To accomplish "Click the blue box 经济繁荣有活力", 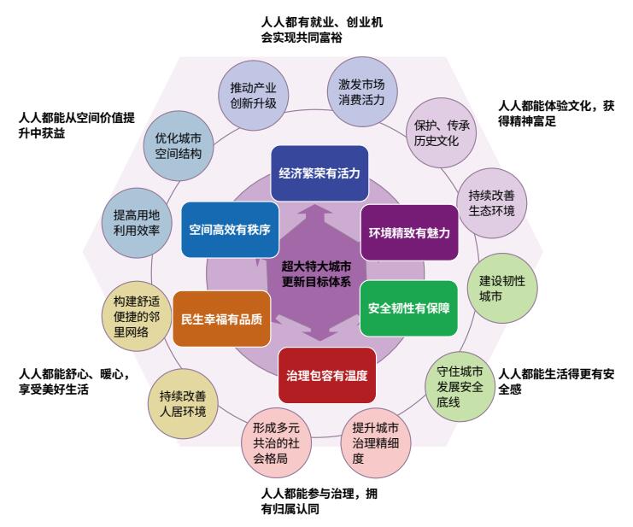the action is click(x=319, y=173).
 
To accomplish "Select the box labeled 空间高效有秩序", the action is click(x=230, y=230).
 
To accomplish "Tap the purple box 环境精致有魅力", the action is click(x=409, y=232).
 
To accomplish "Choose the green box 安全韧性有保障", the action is click(x=408, y=308).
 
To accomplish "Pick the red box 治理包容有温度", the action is click(x=327, y=375).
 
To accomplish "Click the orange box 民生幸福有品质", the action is click(x=221, y=319).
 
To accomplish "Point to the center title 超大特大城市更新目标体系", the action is click(x=316, y=274).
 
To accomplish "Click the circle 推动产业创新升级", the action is click(x=253, y=95).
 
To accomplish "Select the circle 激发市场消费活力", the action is click(x=361, y=91).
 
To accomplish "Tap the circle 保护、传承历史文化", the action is click(x=441, y=132).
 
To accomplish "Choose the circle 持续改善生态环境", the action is click(x=491, y=203).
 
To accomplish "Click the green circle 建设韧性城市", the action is click(x=502, y=288).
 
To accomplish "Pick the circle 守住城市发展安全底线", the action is click(x=460, y=387).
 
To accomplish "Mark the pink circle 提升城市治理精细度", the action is click(x=375, y=442).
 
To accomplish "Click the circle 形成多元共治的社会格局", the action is click(x=276, y=442).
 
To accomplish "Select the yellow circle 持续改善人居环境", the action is click(x=183, y=403).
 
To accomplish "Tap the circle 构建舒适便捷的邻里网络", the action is click(x=137, y=316).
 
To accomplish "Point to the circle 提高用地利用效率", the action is click(x=137, y=223).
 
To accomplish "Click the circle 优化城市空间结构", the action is click(x=179, y=146).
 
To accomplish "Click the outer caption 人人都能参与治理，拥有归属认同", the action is click(x=319, y=501).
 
